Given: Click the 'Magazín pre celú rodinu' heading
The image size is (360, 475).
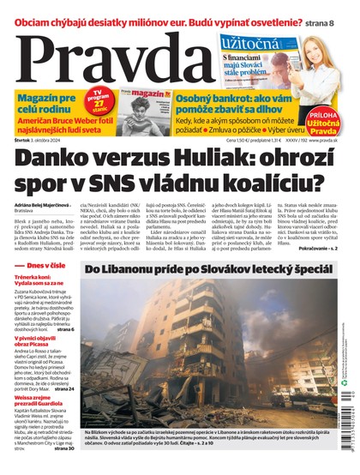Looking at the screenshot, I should click(x=44, y=106).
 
